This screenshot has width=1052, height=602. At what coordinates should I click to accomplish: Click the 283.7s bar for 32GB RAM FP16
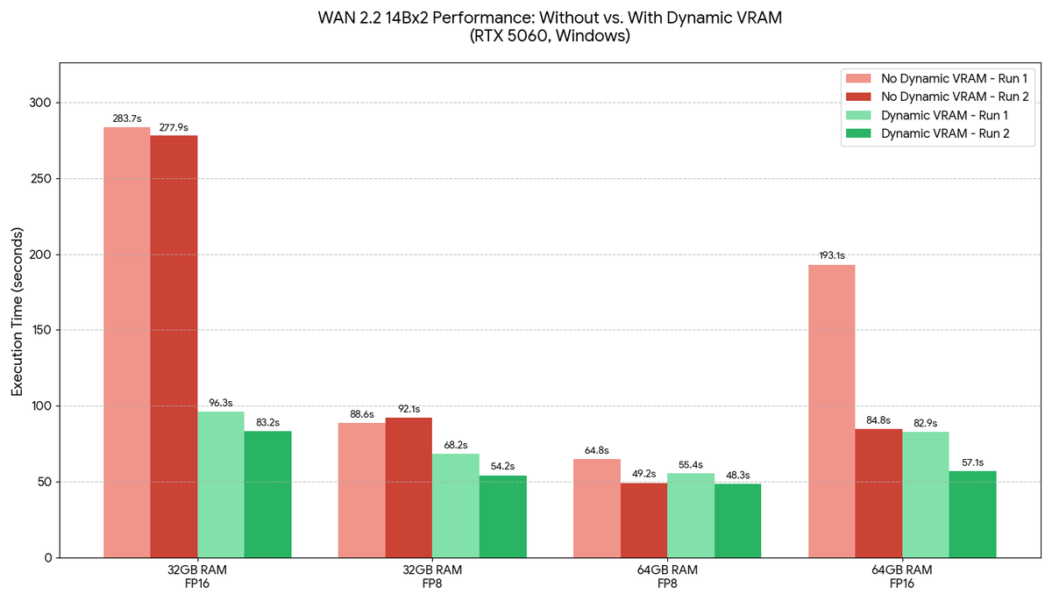[127, 342]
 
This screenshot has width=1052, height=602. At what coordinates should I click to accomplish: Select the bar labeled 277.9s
[174, 346]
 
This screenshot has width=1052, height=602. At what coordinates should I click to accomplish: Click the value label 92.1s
[409, 408]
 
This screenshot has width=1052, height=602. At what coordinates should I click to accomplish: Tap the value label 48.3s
[737, 475]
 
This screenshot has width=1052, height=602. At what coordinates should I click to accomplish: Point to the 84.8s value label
[878, 419]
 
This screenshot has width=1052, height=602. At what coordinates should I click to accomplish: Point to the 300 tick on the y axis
[40, 104]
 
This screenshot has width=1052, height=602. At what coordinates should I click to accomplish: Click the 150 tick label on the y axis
[40, 331]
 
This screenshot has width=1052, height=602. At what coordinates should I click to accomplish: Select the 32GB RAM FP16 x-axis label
[197, 576]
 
